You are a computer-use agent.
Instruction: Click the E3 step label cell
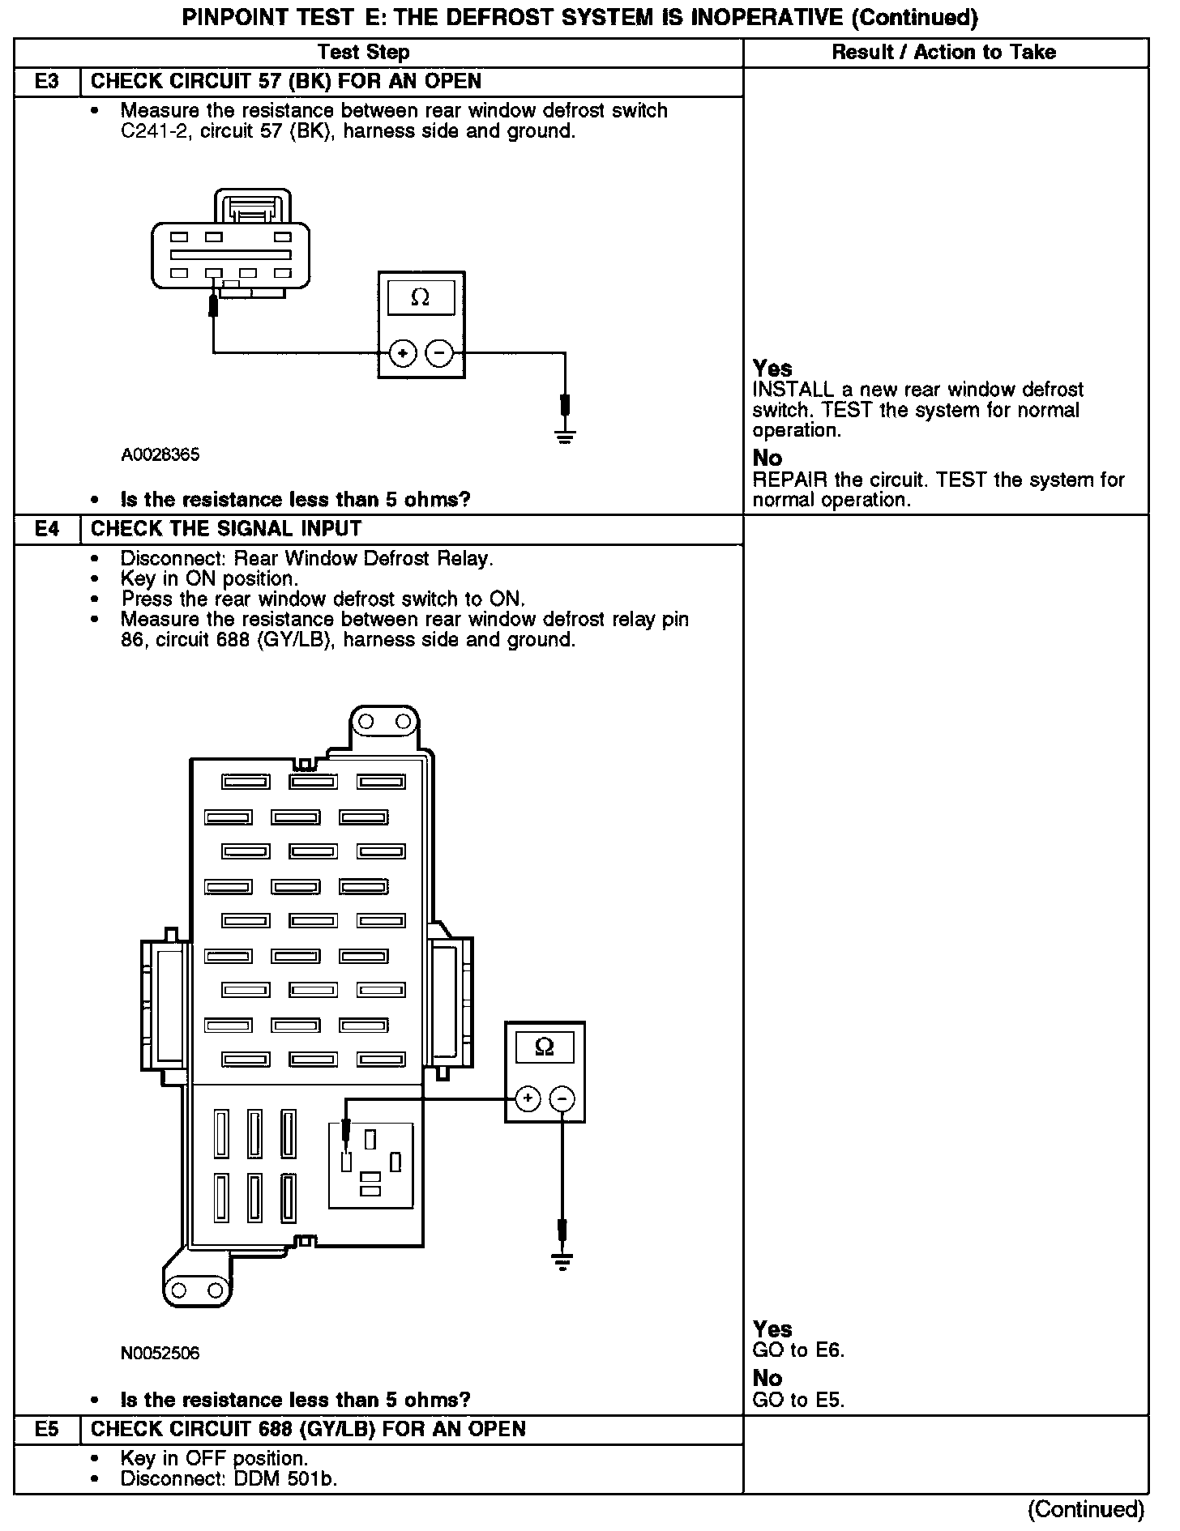tap(47, 82)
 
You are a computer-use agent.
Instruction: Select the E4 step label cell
tap(47, 529)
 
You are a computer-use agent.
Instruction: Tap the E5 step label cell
tap(47, 1429)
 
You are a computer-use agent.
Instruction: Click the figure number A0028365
tap(160, 454)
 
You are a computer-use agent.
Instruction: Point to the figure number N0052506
tap(160, 1354)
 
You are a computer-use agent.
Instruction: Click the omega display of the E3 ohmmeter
tap(421, 298)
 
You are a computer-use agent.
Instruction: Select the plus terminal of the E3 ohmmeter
tap(403, 353)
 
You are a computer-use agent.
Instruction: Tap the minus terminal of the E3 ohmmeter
tap(439, 353)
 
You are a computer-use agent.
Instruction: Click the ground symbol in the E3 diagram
tap(565, 437)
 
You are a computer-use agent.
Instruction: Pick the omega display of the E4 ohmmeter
tap(545, 1047)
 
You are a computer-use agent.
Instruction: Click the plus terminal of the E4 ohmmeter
tap(527, 1098)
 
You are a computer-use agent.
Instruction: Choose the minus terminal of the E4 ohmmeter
tap(562, 1098)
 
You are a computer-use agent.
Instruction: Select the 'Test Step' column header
tap(364, 53)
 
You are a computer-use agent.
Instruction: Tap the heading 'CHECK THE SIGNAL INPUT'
tap(226, 529)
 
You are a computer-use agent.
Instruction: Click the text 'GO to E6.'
tap(798, 1350)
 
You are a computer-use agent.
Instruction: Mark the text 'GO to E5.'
tap(798, 1400)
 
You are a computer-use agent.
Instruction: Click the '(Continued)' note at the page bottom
tap(1086, 1509)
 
